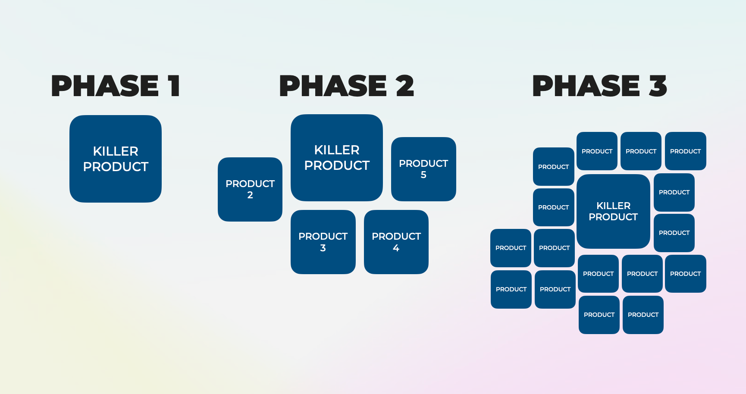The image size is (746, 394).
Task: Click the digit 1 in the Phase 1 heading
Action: [x=174, y=86]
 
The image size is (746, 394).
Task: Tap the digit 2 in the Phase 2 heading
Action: [x=405, y=86]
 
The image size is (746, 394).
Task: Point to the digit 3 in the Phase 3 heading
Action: [x=658, y=86]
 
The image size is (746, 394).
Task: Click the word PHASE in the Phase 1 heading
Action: [x=105, y=86]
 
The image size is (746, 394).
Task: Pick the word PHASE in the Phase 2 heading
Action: [x=333, y=86]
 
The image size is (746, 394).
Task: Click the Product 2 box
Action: [x=250, y=189]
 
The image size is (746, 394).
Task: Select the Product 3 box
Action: [x=323, y=242]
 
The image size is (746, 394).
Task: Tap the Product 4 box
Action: [x=396, y=242]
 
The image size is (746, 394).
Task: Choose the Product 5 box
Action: [x=423, y=169]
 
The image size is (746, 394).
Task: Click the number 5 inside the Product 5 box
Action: [x=423, y=175]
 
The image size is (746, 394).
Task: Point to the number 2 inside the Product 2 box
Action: [x=250, y=195]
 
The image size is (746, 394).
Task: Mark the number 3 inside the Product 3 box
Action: [x=323, y=248]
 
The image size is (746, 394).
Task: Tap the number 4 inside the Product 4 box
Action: [x=396, y=248]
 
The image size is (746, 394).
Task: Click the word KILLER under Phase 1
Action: [x=116, y=151]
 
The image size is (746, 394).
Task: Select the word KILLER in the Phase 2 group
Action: [x=337, y=150]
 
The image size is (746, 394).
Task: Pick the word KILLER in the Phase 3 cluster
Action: [x=613, y=206]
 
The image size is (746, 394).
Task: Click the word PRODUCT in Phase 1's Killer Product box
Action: [x=116, y=167]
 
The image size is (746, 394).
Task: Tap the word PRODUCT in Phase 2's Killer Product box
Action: [x=337, y=166]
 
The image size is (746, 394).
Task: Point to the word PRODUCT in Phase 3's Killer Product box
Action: [x=613, y=217]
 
